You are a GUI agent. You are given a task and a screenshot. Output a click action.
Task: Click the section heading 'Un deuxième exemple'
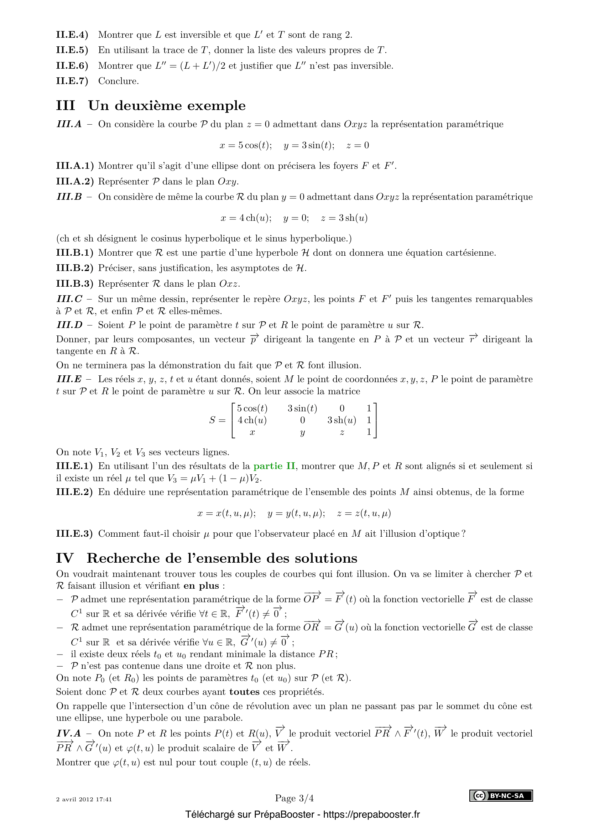tap(167, 105)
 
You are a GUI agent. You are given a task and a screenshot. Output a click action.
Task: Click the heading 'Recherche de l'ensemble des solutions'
tap(222, 558)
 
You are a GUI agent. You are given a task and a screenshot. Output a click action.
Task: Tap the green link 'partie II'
tap(274, 466)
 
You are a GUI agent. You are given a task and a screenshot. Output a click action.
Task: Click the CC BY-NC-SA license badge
tap(501, 796)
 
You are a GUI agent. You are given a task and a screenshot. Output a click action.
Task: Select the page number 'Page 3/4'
tap(294, 798)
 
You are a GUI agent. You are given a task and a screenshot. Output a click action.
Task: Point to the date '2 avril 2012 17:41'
tap(84, 799)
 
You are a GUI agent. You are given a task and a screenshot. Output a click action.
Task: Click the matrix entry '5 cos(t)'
tap(252, 408)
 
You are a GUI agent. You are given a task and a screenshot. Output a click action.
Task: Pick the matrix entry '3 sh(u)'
tap(341, 420)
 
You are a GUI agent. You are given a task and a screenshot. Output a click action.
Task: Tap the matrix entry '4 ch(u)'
tap(252, 420)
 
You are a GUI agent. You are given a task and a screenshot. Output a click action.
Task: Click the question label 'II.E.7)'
tap(72, 81)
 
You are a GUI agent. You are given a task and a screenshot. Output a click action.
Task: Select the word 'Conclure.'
tap(118, 81)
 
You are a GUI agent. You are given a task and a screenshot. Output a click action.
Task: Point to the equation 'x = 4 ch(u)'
tap(246, 218)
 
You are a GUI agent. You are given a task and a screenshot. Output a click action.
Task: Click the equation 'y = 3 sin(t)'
tap(309, 146)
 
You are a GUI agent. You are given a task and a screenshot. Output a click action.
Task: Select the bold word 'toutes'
tap(244, 692)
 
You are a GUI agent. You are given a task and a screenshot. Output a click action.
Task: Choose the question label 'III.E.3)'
tap(74, 534)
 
